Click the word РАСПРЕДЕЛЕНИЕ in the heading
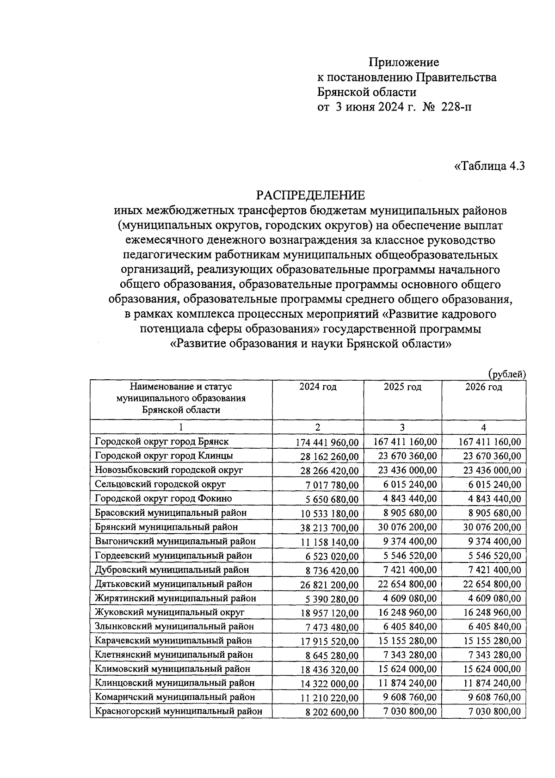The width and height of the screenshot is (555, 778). tap(311, 195)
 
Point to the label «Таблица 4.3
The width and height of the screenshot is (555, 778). tap(490, 166)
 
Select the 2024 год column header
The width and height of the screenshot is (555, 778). tap(318, 387)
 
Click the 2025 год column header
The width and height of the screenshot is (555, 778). tap(402, 387)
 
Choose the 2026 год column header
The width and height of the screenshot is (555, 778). tap(483, 387)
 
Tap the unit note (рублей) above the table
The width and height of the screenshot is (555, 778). tap(507, 374)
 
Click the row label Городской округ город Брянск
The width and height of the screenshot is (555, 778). tap(162, 441)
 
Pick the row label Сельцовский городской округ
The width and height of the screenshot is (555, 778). tap(160, 484)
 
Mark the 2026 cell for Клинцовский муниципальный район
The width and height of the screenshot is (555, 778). tap(492, 683)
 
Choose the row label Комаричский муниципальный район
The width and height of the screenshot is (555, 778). tap(175, 697)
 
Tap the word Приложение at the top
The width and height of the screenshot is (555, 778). tap(404, 62)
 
